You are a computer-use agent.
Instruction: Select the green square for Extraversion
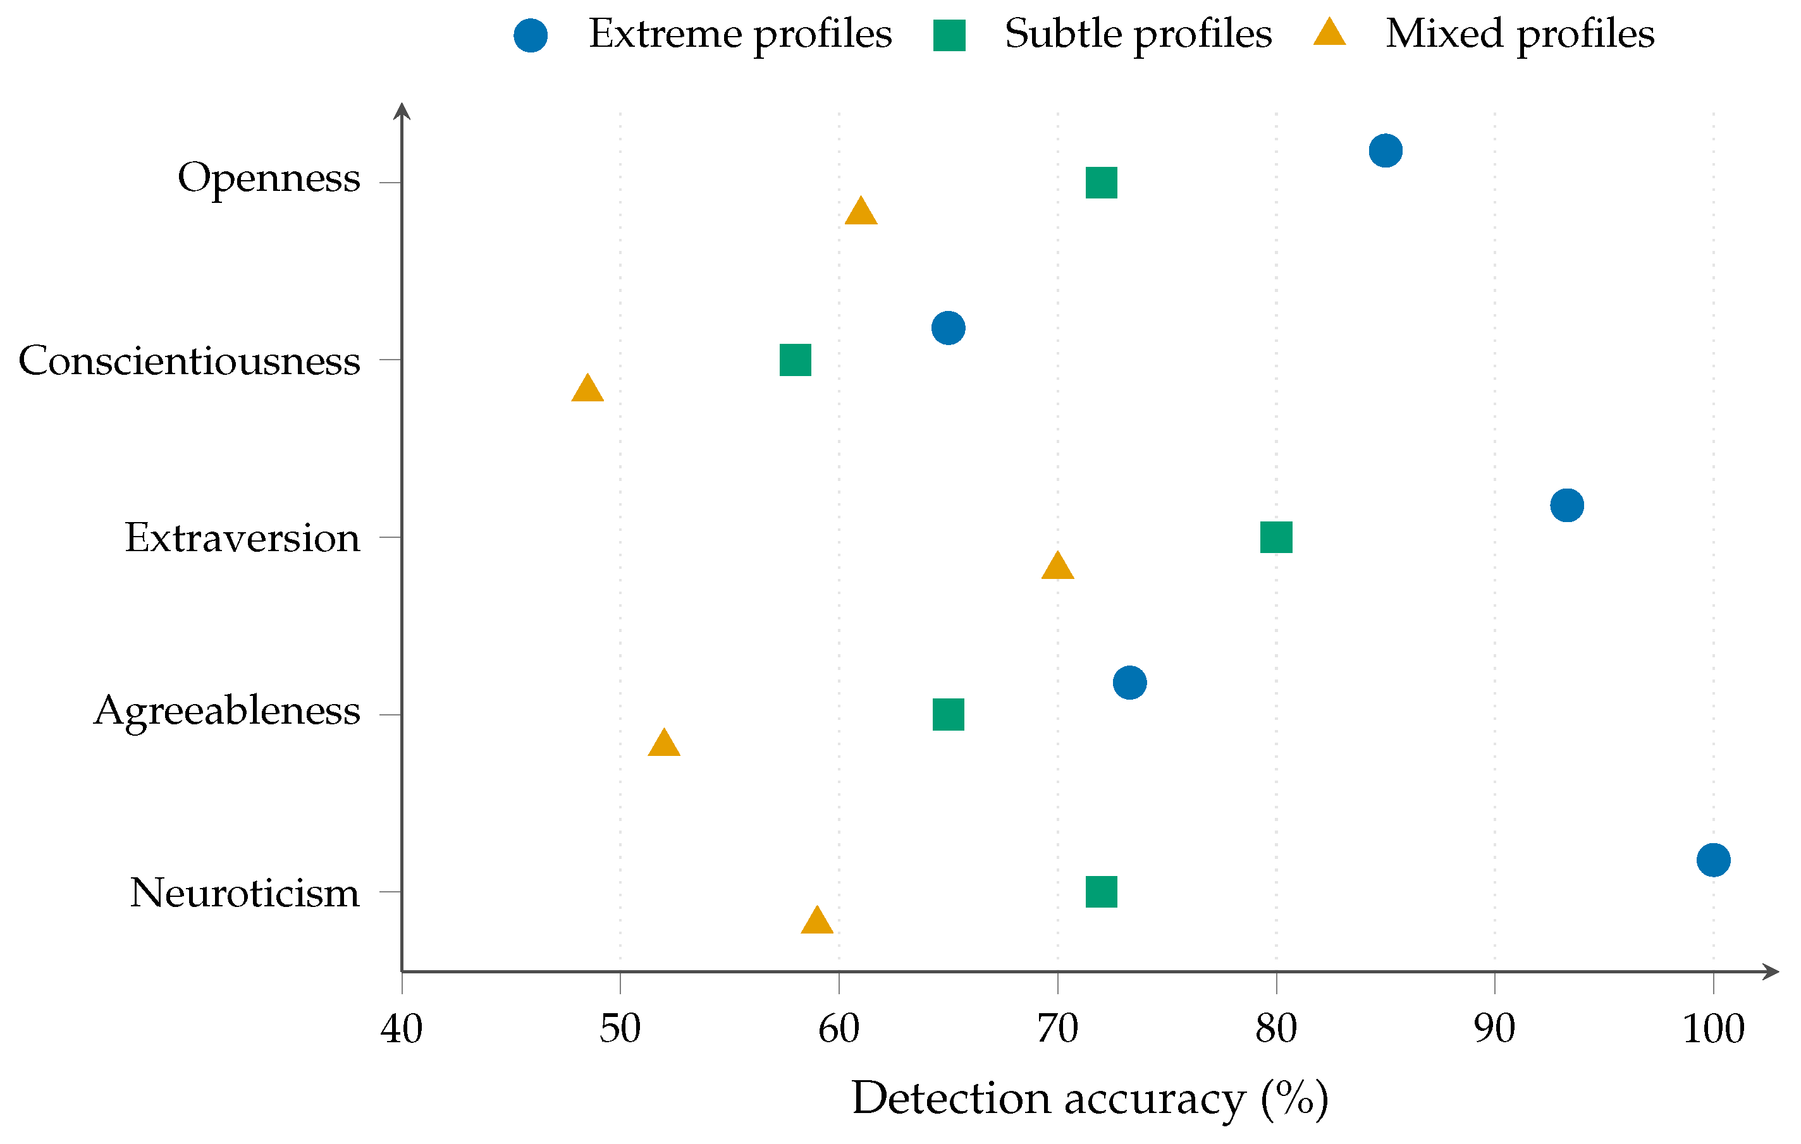click(1276, 537)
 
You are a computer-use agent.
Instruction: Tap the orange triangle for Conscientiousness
click(587, 388)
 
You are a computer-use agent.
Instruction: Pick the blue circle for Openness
click(1385, 150)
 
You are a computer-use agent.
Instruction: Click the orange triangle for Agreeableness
click(664, 743)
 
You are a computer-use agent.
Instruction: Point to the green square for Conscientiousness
click(795, 360)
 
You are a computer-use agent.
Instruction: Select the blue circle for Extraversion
click(1567, 505)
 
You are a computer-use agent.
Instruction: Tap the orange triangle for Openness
click(861, 212)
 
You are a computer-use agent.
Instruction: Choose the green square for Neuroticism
click(1101, 892)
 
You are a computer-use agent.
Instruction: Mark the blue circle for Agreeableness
click(1129, 682)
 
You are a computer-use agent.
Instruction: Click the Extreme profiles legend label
click(740, 34)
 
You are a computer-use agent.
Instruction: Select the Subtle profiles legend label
click(1138, 34)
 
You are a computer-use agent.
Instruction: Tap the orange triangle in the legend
click(1329, 33)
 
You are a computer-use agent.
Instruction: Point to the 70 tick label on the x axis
click(1057, 1030)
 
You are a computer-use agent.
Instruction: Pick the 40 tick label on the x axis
click(402, 1030)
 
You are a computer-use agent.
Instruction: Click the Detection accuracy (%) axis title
click(1090, 1100)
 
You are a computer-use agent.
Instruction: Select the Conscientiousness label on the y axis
click(189, 361)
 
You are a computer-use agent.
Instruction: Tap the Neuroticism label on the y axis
click(245, 894)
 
